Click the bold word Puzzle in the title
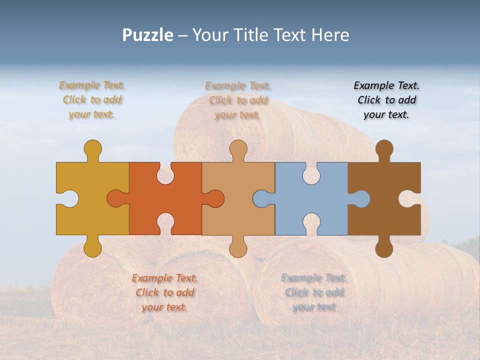(x=148, y=35)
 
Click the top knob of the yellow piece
(x=92, y=149)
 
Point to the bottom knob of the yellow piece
(x=92, y=247)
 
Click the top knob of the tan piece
(x=238, y=149)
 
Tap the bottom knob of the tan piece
(x=238, y=247)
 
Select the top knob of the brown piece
(x=384, y=149)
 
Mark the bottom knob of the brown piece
(x=384, y=247)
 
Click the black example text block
(x=386, y=100)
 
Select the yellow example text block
(x=92, y=100)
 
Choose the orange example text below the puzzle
(x=164, y=292)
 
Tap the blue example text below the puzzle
(x=313, y=292)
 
